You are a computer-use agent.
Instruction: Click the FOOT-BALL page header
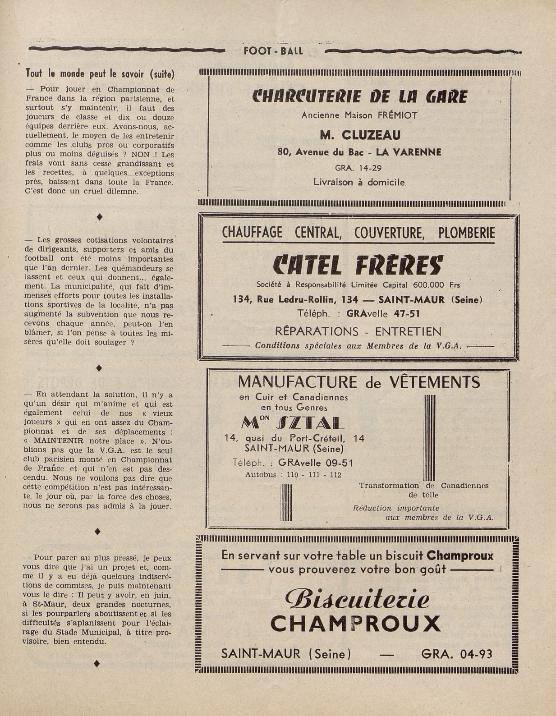(x=273, y=51)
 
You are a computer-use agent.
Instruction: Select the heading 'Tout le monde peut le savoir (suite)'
(x=100, y=73)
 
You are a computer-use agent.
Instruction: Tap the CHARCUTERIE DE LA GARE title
(x=360, y=96)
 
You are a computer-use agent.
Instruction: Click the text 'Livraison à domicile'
(x=359, y=182)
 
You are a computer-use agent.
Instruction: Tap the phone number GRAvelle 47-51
(x=386, y=314)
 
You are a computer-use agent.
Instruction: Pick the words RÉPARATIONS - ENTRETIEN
(x=358, y=332)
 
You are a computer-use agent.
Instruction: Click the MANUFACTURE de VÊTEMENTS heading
(x=358, y=382)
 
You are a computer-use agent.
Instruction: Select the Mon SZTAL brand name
(x=294, y=422)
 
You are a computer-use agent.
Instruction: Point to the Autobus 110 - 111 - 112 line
(x=293, y=475)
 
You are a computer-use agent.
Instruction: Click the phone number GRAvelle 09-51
(x=315, y=463)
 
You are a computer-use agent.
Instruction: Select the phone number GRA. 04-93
(x=456, y=654)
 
